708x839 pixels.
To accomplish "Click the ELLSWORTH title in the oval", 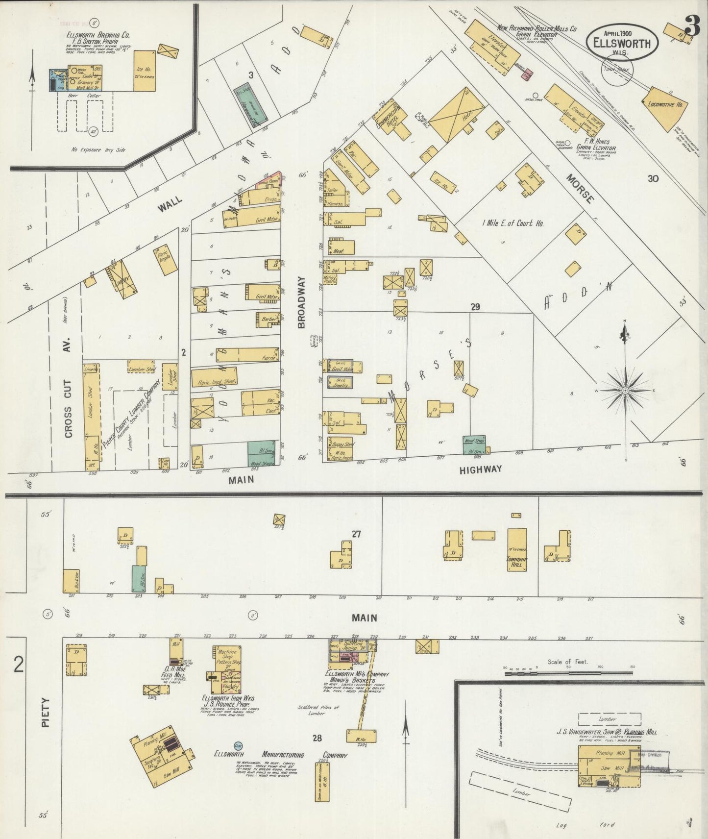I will (622, 43).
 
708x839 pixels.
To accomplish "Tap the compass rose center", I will (625, 390).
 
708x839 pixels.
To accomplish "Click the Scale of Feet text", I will (568, 662).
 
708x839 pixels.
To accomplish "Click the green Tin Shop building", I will (251, 105).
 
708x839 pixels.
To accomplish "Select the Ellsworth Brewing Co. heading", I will (98, 35).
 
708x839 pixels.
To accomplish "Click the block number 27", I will (356, 534).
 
